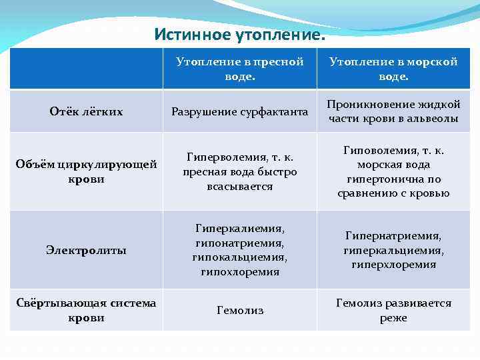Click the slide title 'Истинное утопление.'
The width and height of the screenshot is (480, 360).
(240, 33)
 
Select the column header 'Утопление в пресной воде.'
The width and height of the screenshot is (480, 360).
(240, 69)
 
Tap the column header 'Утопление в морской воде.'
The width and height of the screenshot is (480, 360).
(394, 69)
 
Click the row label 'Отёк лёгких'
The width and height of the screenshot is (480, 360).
(87, 111)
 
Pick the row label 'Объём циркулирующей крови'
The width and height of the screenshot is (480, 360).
(87, 171)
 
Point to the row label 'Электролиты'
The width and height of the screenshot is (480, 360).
(87, 250)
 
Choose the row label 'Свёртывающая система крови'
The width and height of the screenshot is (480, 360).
(87, 310)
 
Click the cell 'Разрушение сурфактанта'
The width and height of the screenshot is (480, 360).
(240, 111)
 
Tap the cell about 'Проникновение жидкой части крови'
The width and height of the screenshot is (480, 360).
(394, 111)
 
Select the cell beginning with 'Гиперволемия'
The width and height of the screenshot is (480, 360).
(240, 171)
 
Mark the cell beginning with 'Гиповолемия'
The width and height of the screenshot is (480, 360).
(394, 171)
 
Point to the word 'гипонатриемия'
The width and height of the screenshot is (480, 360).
(240, 243)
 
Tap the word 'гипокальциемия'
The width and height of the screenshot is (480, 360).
(240, 257)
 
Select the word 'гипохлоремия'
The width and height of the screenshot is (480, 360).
(240, 272)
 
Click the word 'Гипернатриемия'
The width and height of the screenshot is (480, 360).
(393, 235)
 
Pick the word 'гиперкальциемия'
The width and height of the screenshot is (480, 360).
(394, 250)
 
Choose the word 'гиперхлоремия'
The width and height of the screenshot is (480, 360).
(394, 265)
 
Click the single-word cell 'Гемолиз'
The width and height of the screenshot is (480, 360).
(240, 310)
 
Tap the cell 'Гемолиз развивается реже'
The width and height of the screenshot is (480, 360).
(394, 310)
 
